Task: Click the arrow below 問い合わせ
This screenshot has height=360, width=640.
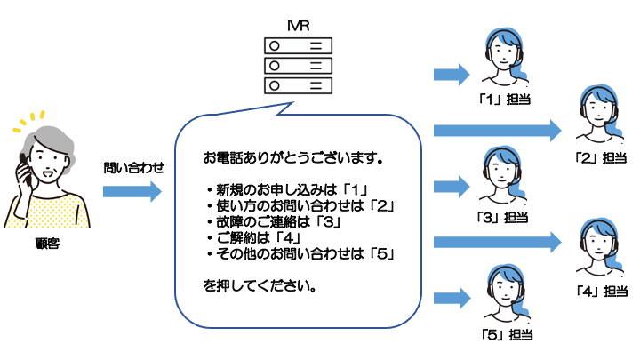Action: tap(132, 191)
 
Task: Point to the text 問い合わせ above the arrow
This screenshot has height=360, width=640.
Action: tap(133, 166)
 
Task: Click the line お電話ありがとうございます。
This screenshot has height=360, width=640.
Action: tap(293, 161)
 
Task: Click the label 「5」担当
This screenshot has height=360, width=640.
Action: tap(502, 334)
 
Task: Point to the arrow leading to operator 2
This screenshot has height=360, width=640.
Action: tap(498, 131)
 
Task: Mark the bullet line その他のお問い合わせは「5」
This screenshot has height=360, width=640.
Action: tap(300, 254)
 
